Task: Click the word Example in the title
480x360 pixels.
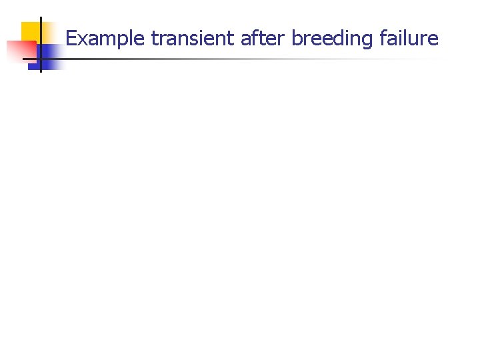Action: point(105,39)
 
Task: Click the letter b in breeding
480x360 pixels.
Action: point(297,39)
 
